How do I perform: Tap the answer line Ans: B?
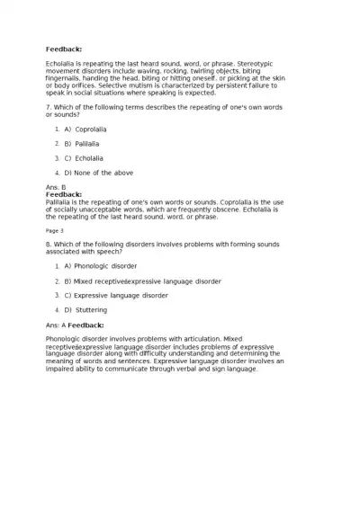pos(56,187)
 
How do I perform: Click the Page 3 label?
pos(55,230)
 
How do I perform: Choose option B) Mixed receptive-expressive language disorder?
pos(142,281)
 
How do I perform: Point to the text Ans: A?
pos(56,325)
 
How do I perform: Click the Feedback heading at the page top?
pos(64,49)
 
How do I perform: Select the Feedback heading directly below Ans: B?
pos(64,194)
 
